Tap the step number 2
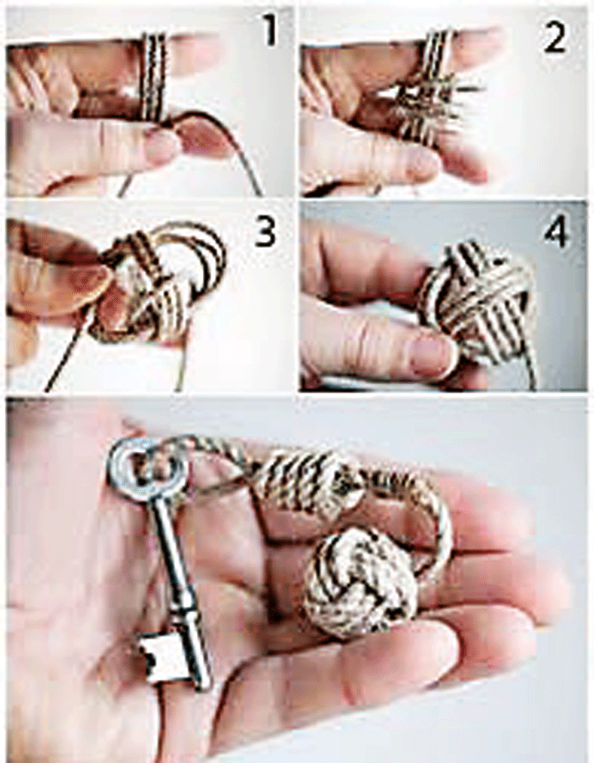pos(555,37)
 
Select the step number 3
pos(266,230)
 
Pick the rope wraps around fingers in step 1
pos(154,77)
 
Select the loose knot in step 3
pos(160,282)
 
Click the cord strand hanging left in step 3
pos(68,350)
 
